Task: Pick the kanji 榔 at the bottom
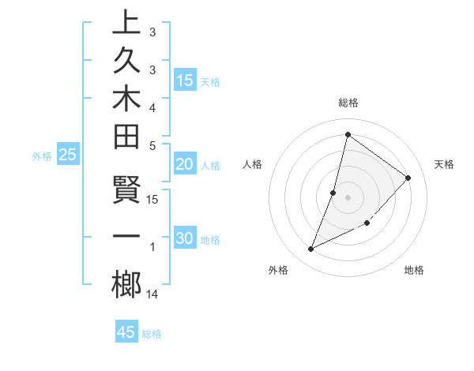[x=126, y=285]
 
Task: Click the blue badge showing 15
[x=185, y=81]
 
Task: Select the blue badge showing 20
[x=185, y=164]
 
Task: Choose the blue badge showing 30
[x=185, y=239]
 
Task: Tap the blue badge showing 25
[x=68, y=156]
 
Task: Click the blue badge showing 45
[x=126, y=332]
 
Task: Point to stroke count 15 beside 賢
[x=152, y=200]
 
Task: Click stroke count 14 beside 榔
[x=152, y=294]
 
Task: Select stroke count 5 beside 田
[x=152, y=145]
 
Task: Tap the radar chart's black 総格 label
[x=348, y=103]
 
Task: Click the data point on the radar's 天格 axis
[x=408, y=178]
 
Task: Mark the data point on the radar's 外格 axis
[x=311, y=249]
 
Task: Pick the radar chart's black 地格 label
[x=414, y=270]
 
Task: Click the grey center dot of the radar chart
[x=348, y=197]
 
